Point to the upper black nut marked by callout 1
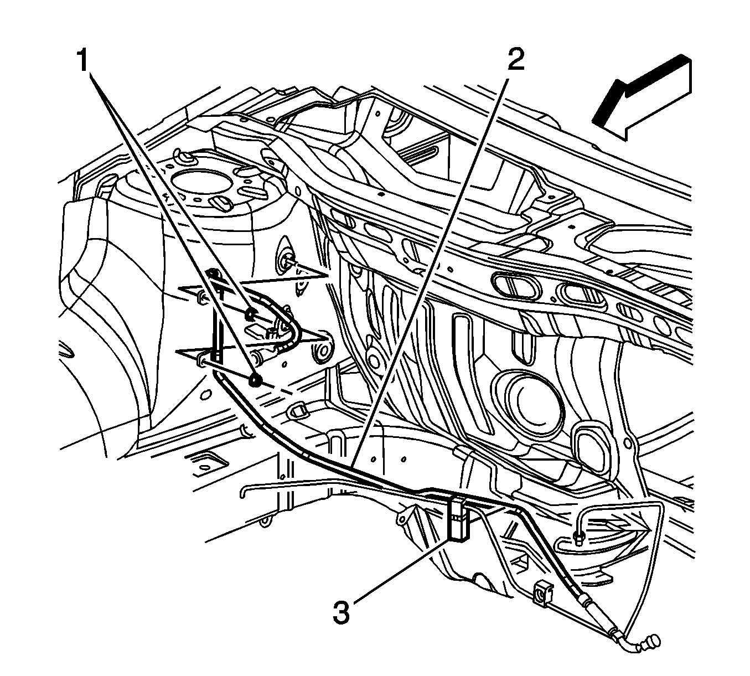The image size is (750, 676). point(250,315)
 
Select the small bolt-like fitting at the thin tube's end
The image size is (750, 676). point(578,539)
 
